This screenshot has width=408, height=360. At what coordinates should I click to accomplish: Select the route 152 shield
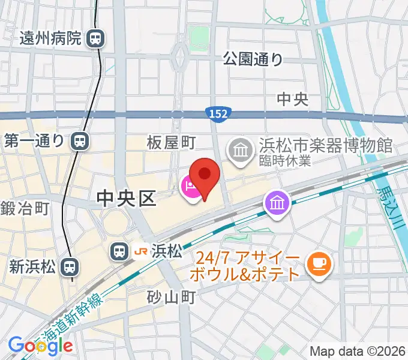(x=218, y=113)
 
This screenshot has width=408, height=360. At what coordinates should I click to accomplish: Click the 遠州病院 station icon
(x=95, y=40)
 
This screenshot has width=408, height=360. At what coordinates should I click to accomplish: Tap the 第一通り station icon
(x=79, y=142)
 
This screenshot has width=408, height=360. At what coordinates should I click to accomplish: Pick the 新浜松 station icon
(x=70, y=266)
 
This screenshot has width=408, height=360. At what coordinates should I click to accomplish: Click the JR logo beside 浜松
(x=142, y=251)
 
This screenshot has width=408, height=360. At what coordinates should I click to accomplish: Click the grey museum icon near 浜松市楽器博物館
(x=241, y=149)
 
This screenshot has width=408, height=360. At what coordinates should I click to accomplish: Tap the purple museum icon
(x=277, y=205)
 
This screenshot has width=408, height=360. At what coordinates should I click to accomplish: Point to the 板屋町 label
(x=172, y=142)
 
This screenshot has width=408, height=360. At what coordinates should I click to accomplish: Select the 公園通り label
(x=253, y=59)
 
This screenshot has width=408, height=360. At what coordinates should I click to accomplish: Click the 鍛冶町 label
(x=25, y=209)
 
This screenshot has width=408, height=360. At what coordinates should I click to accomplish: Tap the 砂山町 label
(x=172, y=297)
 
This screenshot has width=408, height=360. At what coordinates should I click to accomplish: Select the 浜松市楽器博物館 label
(x=326, y=145)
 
